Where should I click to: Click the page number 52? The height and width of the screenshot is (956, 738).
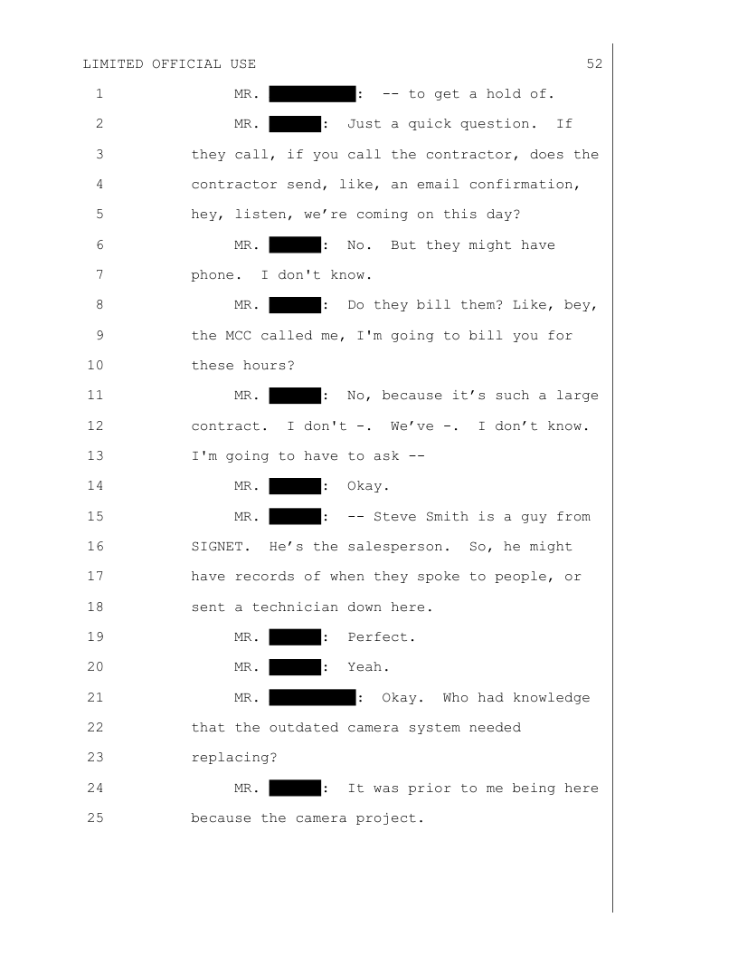[594, 64]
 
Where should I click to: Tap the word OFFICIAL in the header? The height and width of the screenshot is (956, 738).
[187, 64]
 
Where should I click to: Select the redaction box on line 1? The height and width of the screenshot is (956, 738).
[312, 94]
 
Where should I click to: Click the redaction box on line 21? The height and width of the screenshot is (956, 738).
[312, 697]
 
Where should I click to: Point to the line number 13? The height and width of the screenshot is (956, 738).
[96, 456]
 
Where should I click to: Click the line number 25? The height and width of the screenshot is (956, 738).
[96, 817]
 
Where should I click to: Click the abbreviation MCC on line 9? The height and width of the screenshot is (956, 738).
[238, 335]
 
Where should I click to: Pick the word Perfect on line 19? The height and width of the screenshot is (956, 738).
[381, 637]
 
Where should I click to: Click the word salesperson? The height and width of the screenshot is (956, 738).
[399, 546]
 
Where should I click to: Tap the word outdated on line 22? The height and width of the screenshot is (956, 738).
[304, 727]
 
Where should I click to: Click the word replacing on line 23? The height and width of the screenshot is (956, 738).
[234, 757]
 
